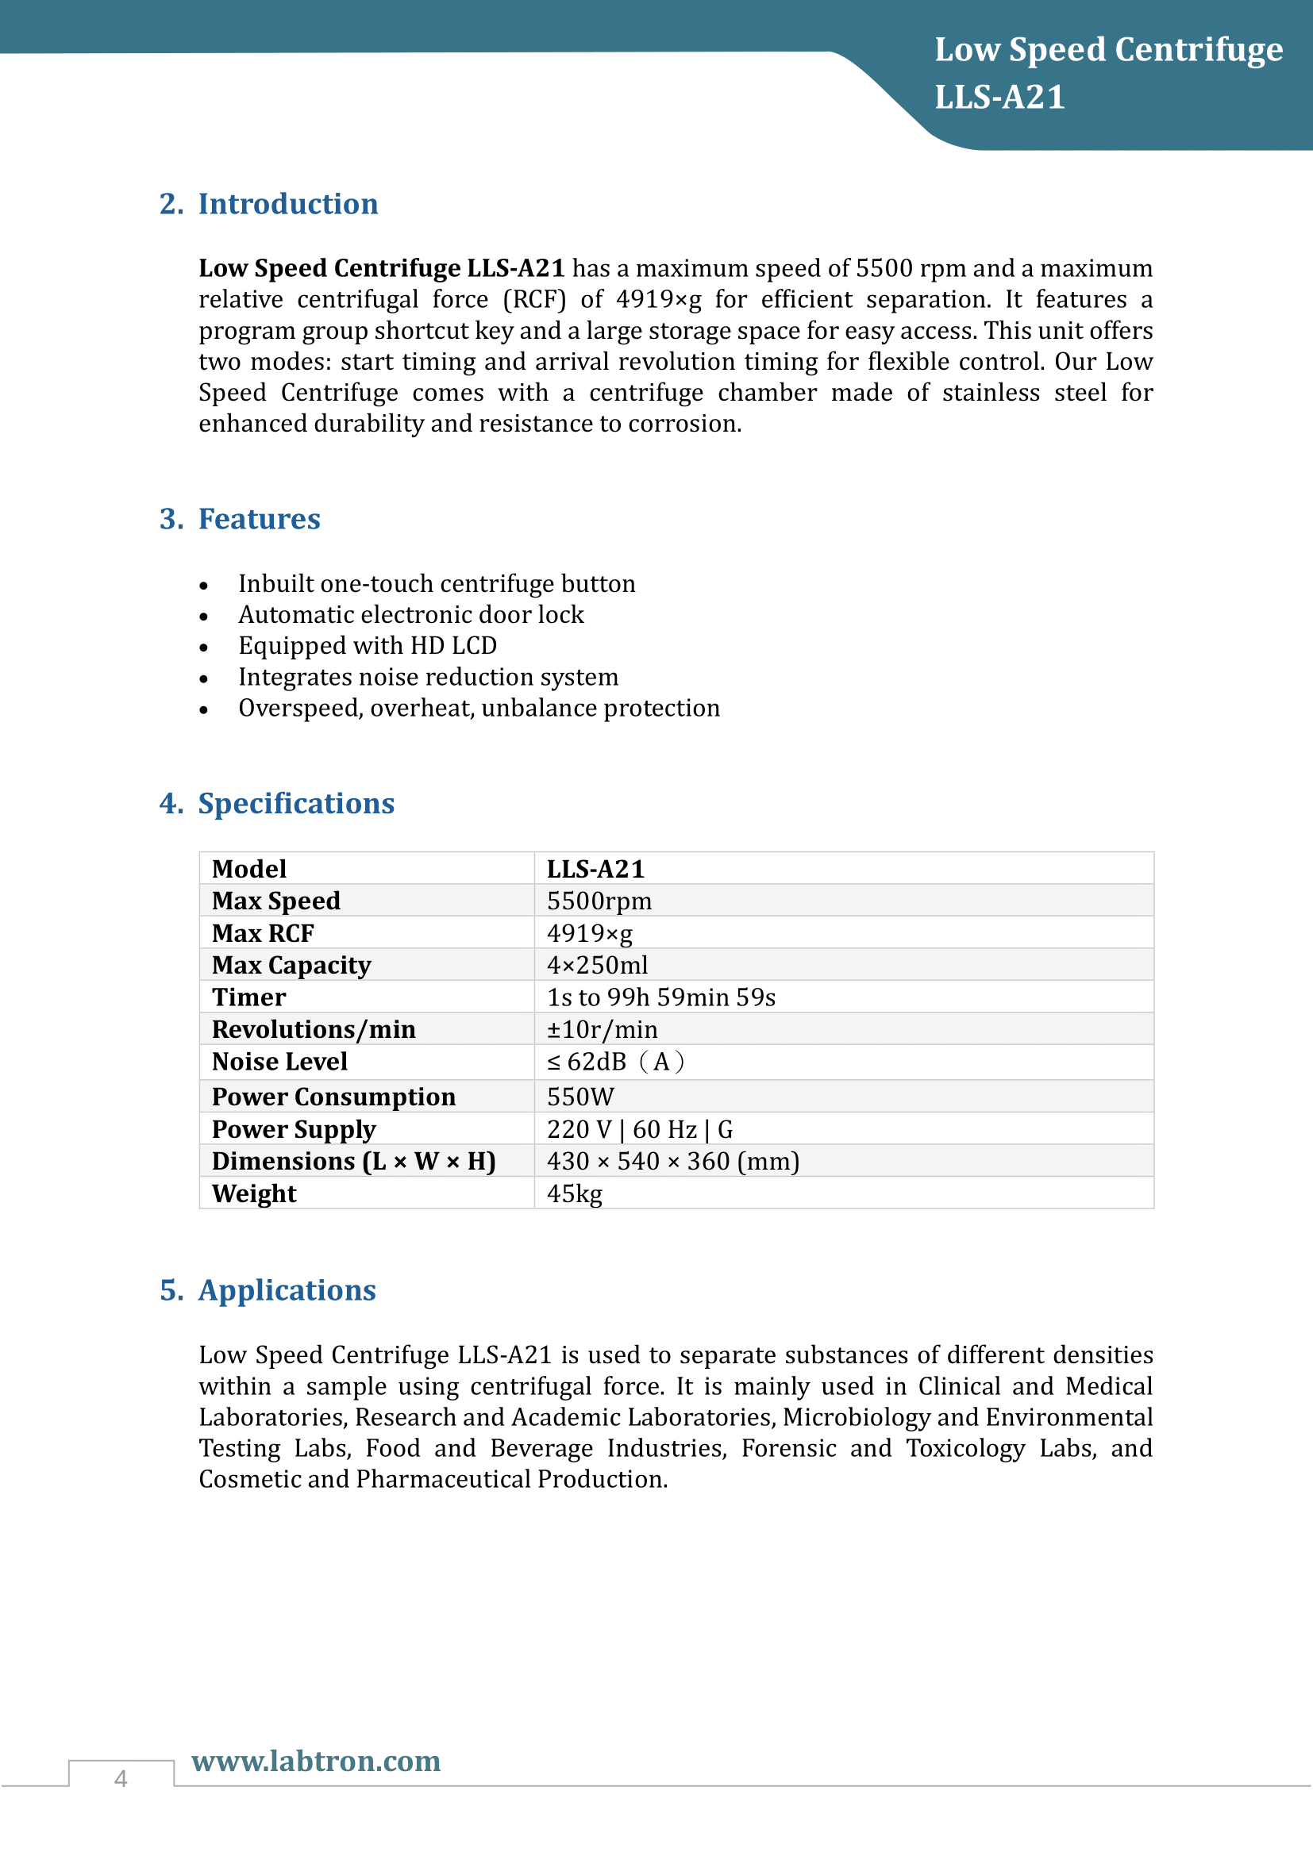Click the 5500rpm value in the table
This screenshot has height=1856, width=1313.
599,901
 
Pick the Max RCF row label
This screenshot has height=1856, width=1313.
263,933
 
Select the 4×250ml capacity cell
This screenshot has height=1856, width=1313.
598,965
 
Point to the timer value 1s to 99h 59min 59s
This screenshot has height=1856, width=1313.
660,997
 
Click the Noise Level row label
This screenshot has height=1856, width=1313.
279,1062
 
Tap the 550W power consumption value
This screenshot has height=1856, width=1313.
580,1097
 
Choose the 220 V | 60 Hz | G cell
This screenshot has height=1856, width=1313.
640,1129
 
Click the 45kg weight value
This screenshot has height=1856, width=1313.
574,1194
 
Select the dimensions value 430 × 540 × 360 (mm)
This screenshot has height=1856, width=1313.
672,1162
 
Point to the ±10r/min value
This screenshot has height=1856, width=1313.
603,1030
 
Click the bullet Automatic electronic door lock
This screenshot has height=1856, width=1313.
410,614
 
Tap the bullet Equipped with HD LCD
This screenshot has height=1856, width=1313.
367,646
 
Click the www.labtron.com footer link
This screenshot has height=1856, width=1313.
316,1761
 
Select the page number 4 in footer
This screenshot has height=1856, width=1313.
121,1778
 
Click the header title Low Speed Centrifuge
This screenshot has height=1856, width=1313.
1107,50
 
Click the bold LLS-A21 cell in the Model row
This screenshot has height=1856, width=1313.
595,869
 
